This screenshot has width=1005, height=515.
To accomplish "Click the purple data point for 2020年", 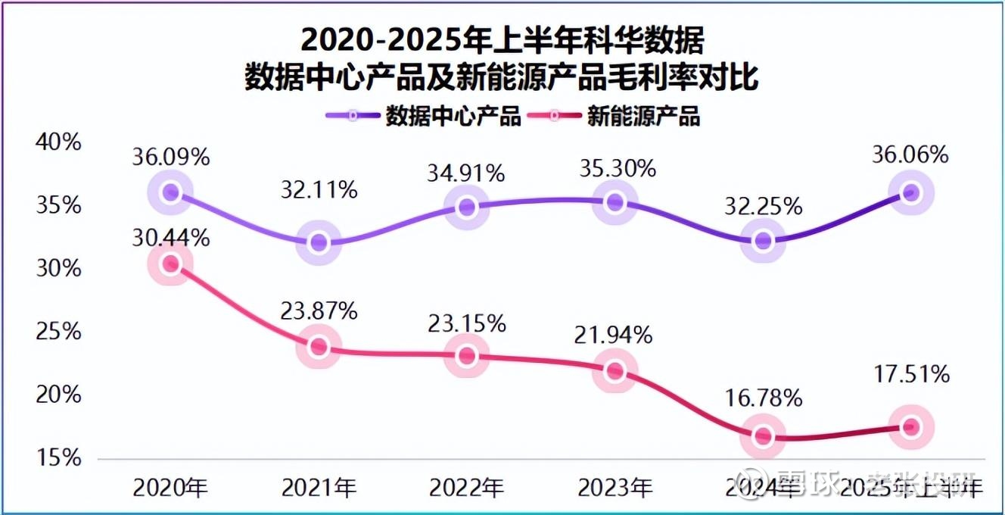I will pyautogui.click(x=171, y=192).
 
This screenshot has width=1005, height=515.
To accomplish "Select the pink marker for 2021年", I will pyautogui.click(x=319, y=347).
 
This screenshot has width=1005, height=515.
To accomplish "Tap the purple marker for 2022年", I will pyautogui.click(x=467, y=206).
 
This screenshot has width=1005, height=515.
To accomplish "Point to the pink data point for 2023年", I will pyautogui.click(x=615, y=370).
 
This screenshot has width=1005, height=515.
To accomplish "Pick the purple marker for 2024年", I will pyautogui.click(x=763, y=241).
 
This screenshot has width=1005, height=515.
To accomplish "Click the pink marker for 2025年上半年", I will pyautogui.click(x=911, y=427).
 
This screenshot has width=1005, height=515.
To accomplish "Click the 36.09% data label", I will pyautogui.click(x=170, y=158).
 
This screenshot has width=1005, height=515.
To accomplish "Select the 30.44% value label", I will pyautogui.click(x=170, y=238).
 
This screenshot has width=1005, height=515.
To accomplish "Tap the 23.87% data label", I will pyautogui.click(x=319, y=311).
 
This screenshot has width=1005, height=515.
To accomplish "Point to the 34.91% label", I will pyautogui.click(x=467, y=173).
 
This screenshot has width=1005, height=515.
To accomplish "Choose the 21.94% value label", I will pyautogui.click(x=615, y=335).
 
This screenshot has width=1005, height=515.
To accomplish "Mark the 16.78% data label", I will pyautogui.click(x=764, y=399).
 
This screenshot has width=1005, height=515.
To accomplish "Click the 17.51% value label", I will pyautogui.click(x=911, y=374).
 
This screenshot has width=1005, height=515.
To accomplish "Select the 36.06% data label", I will pyautogui.click(x=910, y=155).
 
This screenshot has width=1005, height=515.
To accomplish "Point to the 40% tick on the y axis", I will pyautogui.click(x=58, y=142).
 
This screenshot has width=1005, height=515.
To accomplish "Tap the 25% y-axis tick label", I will pyautogui.click(x=58, y=332).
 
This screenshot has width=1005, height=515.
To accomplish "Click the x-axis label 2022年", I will pyautogui.click(x=467, y=487).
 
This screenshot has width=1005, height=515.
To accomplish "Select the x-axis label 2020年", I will pyautogui.click(x=170, y=487).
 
